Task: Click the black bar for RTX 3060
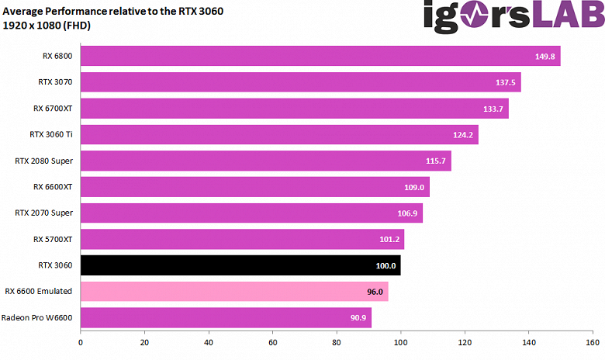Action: (240, 265)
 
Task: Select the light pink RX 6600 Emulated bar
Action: (233, 292)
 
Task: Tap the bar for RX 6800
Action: (320, 56)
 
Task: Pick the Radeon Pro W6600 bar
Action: (226, 318)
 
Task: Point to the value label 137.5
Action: (505, 82)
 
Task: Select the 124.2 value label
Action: (462, 135)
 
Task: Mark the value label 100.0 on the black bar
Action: (385, 265)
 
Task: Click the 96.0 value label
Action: (375, 292)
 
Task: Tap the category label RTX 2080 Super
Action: (43, 161)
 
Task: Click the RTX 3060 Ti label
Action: (50, 134)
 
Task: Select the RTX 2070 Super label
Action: (43, 213)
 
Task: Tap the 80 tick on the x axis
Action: (337, 341)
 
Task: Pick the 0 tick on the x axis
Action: (81, 341)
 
